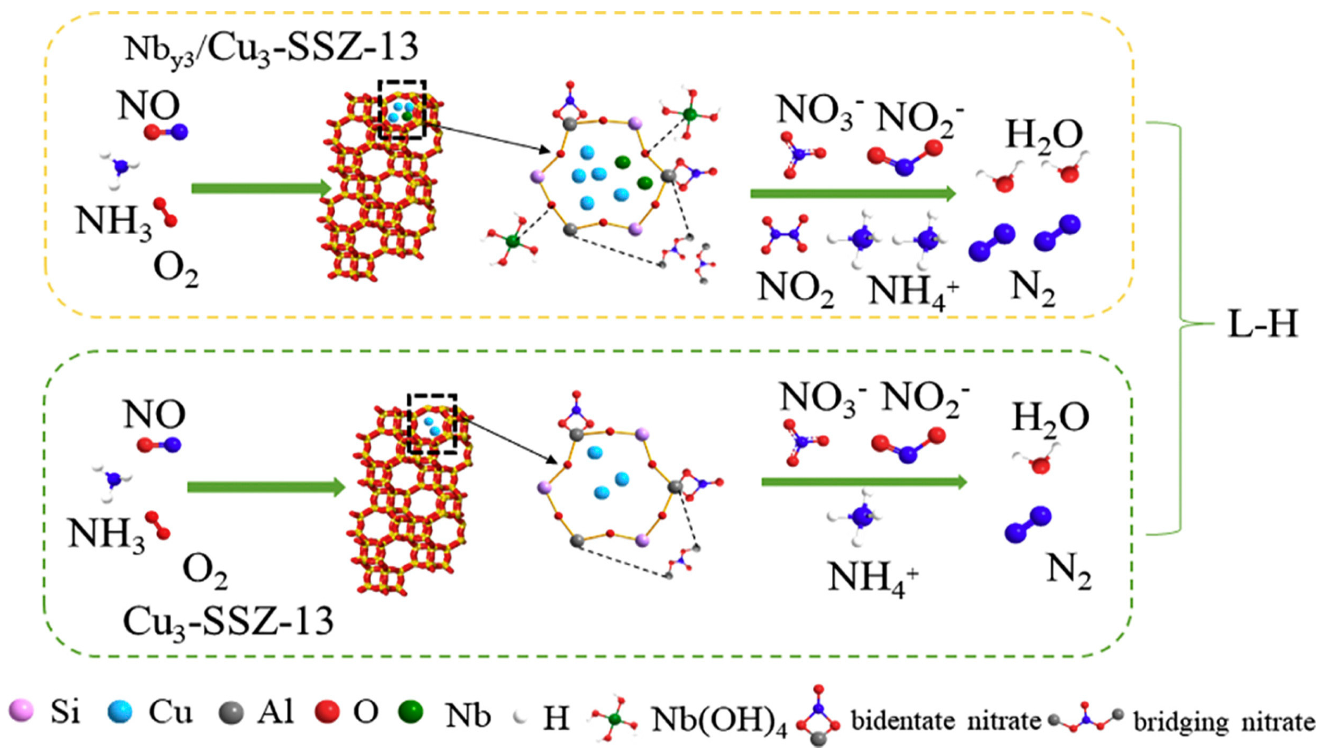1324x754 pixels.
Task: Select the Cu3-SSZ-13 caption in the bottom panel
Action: [x=228, y=621]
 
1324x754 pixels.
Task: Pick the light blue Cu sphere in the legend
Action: [x=120, y=712]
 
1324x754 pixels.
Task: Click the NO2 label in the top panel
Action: [x=795, y=288]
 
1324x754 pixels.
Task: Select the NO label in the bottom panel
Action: [x=154, y=415]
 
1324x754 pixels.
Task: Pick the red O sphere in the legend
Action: [x=327, y=712]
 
